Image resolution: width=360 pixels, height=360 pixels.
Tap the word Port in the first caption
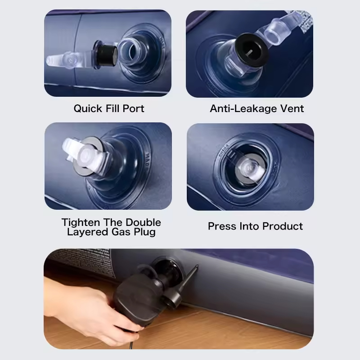[133, 108]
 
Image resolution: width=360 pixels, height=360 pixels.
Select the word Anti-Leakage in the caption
[243, 109]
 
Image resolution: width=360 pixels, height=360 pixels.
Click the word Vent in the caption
[292, 108]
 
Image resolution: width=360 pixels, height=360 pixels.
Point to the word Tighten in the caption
[81, 222]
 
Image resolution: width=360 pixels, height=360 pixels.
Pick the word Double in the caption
[143, 222]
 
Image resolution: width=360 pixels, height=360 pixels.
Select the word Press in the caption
[222, 226]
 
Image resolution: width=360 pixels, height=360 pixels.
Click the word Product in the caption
[283, 226]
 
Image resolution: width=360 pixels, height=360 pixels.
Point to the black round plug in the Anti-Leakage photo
[252, 49]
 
